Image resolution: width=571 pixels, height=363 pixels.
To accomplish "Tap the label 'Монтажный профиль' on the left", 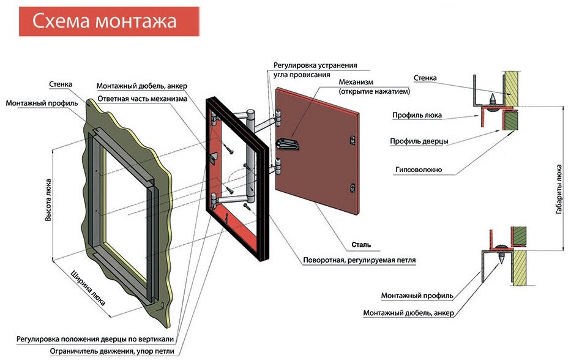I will click(42, 103).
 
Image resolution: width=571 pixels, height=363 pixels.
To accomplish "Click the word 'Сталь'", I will click(361, 245).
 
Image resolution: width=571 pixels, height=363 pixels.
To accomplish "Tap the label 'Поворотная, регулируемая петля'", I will click(359, 260).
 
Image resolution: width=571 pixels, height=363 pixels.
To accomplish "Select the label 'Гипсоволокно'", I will click(419, 170).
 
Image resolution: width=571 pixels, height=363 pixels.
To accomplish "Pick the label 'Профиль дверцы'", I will click(419, 141).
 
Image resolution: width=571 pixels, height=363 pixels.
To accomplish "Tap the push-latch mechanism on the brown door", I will click(289, 143).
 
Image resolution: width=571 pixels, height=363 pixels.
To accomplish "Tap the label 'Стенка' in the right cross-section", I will click(425, 78).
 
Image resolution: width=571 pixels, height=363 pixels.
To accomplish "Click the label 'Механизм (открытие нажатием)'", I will click(374, 86).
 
